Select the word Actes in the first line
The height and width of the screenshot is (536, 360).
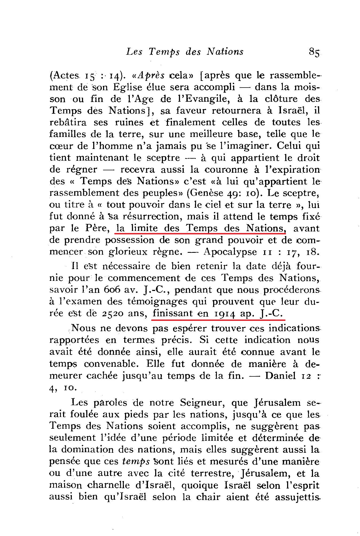(65, 76)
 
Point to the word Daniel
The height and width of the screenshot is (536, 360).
(280, 376)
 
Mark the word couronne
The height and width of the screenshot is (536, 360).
(224, 170)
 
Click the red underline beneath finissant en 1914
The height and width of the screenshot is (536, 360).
(218, 319)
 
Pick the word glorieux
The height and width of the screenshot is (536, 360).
(135, 252)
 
